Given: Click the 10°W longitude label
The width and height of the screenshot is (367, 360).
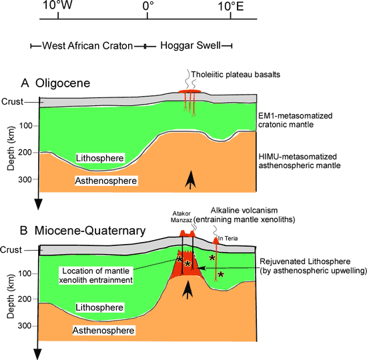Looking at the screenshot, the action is click(57, 5).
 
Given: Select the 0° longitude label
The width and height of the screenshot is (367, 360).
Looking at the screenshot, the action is click(148, 6).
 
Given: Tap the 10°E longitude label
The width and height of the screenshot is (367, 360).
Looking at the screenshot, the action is click(231, 6).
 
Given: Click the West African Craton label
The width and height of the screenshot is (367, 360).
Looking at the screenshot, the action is click(87, 46).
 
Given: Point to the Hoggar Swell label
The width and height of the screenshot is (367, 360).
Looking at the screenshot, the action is click(191, 45).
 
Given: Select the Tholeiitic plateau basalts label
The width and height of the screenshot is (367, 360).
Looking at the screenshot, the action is click(236, 75).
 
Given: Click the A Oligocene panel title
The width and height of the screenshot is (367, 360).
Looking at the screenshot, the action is click(55, 83).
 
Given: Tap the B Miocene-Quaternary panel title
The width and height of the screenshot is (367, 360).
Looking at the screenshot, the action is click(83, 231).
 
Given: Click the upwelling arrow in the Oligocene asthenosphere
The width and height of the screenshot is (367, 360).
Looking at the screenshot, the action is click(191, 179).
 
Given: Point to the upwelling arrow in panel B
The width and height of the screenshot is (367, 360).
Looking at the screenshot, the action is click(188, 290).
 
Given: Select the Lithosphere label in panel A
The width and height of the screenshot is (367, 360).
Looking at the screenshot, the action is click(99, 158).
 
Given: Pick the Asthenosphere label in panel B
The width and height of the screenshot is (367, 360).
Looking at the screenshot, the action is click(103, 330).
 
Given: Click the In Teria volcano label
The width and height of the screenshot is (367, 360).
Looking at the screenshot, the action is click(228, 239).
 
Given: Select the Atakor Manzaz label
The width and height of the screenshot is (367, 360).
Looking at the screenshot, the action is click(181, 217).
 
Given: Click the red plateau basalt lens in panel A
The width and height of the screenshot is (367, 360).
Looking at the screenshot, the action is click(190, 91).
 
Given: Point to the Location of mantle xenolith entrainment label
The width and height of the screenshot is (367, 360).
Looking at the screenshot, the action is click(95, 275).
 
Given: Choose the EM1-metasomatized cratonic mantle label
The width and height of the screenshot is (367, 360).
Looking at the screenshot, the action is click(296, 120).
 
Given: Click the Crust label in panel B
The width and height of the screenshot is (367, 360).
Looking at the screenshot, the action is click(11, 250).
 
